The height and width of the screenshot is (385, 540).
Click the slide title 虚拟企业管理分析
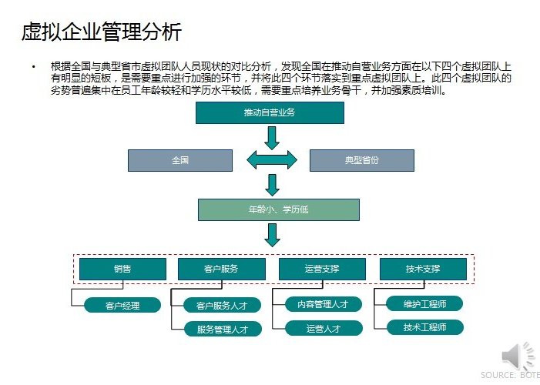[101, 32]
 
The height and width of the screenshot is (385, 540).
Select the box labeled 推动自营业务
[270, 112]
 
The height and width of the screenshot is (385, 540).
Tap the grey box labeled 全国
[180, 160]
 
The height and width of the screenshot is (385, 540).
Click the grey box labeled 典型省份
[362, 160]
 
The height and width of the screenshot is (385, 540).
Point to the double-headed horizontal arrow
[272, 160]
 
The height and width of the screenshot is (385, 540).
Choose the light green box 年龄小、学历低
[279, 209]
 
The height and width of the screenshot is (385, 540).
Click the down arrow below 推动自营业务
[272, 138]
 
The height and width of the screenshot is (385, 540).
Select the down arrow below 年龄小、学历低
[272, 235]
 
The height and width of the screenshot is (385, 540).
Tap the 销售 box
[122, 269]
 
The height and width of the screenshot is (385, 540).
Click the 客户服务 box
[221, 269]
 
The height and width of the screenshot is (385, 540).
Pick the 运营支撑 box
[322, 269]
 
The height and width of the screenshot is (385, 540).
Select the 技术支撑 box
[423, 269]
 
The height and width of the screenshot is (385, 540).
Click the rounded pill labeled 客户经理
[122, 305]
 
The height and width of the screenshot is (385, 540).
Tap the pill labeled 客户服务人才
[222, 305]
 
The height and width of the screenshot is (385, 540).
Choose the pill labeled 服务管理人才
[223, 330]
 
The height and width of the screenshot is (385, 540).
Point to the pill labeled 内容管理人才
[324, 304]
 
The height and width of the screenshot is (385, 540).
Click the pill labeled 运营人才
[324, 328]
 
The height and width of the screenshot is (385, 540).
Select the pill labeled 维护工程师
[424, 303]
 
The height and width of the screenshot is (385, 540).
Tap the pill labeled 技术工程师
[425, 327]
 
